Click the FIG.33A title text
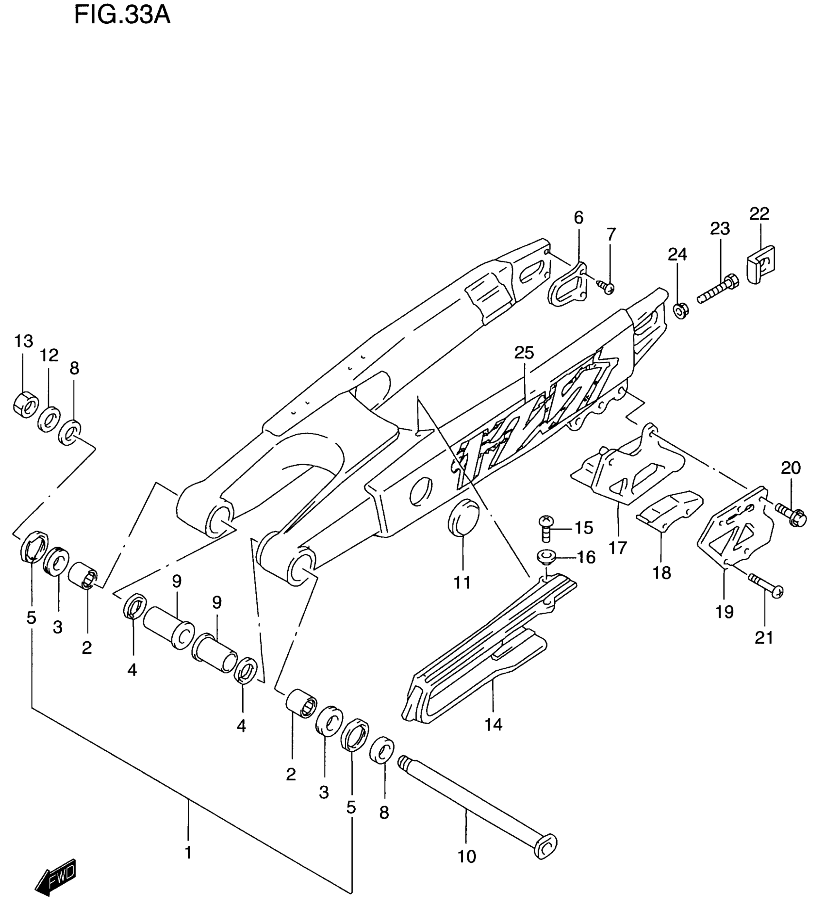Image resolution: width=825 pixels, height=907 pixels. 122,16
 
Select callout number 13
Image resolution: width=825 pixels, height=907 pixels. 23,341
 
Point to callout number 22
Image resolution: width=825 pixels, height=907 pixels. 759,213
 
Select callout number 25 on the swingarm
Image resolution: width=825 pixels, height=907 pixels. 524,353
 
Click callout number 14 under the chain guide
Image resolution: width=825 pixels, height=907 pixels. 493,738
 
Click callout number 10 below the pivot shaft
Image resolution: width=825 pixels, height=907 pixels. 467,857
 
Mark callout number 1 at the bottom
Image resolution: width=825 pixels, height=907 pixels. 188,853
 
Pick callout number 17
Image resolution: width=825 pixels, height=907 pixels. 618,548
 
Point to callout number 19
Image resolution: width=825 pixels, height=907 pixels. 725,613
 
